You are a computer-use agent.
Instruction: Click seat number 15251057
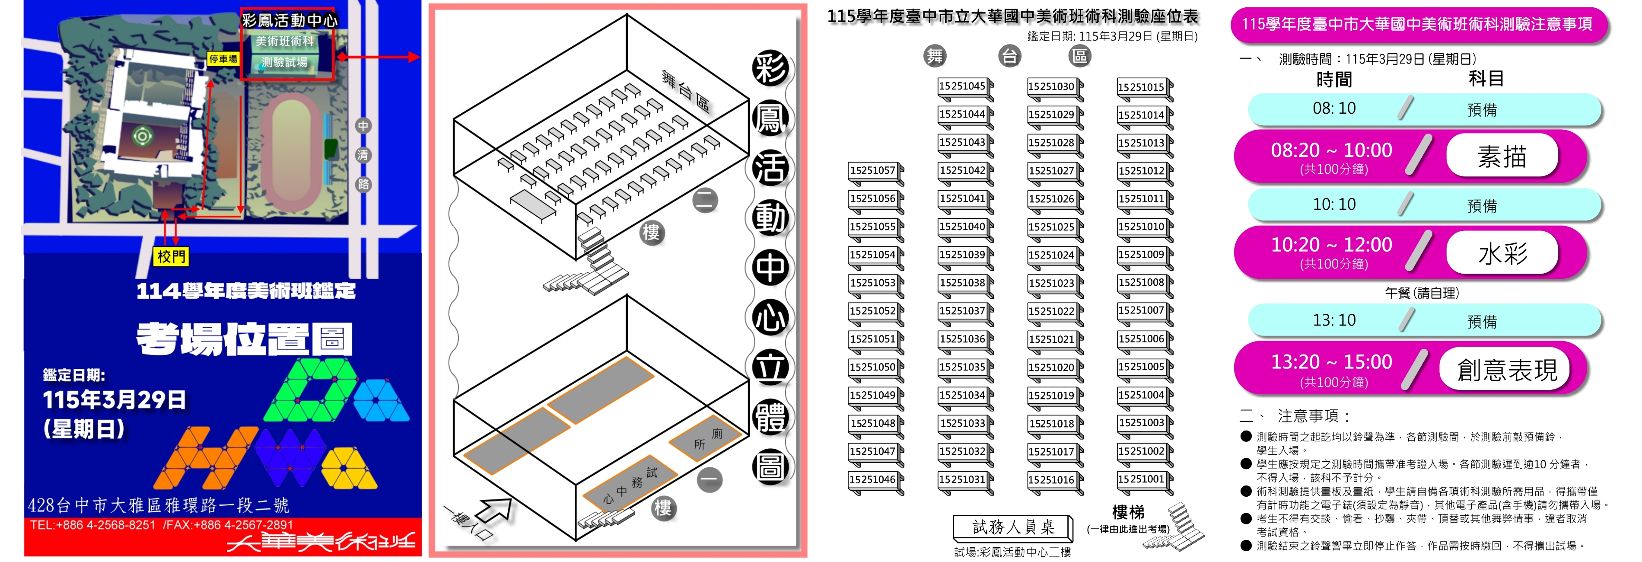tap(872, 170)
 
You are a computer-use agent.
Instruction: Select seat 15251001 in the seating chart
tap(1141, 479)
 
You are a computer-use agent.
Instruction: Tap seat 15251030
tap(1051, 86)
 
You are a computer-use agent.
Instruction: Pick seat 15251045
tap(962, 86)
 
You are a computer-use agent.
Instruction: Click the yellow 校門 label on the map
tap(171, 256)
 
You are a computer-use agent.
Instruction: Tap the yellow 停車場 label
tap(223, 59)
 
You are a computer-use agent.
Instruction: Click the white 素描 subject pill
tap(1502, 156)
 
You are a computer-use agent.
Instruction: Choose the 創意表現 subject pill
tap(1505, 369)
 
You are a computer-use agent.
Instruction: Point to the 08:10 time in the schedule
tap(1334, 109)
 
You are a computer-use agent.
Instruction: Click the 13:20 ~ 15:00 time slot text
tap(1332, 362)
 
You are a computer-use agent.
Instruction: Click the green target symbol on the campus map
tap(142, 136)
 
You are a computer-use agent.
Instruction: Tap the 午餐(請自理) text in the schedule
tap(1422, 293)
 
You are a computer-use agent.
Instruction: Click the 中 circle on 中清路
tap(363, 126)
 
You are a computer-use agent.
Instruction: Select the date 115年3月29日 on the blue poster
tap(115, 400)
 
